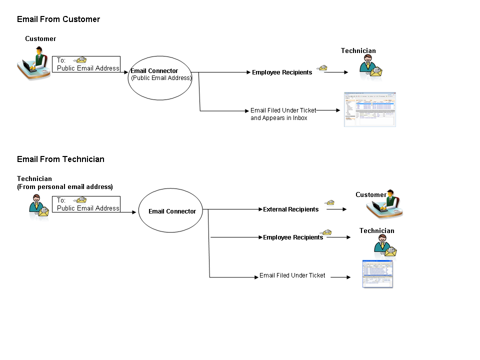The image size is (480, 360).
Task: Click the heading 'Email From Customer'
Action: (x=58, y=19)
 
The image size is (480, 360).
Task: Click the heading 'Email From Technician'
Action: (x=60, y=159)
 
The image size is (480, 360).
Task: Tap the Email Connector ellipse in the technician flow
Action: (x=172, y=211)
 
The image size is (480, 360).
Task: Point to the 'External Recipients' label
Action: (x=290, y=209)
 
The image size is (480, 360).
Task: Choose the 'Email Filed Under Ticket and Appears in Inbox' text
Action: (x=283, y=114)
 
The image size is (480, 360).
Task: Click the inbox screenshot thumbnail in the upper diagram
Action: (x=369, y=109)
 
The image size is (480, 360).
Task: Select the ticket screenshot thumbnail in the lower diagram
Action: (x=377, y=274)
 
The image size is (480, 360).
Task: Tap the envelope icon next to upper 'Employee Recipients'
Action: (x=323, y=68)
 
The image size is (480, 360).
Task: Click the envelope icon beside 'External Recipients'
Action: (x=329, y=203)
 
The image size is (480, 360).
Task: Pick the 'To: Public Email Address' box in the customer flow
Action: (x=86, y=64)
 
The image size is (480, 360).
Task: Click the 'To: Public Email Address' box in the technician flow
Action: (x=86, y=204)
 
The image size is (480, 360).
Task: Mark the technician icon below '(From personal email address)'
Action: (x=38, y=206)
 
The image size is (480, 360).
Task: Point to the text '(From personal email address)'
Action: (x=65, y=187)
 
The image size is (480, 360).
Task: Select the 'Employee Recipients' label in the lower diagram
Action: (x=293, y=237)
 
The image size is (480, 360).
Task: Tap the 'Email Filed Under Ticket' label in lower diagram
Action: (x=292, y=275)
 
